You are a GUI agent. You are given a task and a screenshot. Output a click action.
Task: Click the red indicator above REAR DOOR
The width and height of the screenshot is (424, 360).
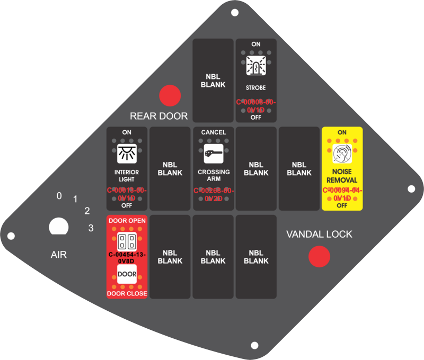point(170,96)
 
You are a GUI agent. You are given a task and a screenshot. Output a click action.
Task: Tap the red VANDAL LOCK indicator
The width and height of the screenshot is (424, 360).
point(320,257)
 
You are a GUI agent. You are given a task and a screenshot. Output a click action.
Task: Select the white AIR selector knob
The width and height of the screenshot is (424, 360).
point(59,227)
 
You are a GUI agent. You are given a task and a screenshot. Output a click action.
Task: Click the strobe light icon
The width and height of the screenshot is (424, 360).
point(256,67)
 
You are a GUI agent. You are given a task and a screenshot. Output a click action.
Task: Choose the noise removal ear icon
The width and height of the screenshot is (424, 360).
point(342,154)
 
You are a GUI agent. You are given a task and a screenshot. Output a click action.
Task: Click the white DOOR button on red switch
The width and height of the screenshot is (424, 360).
point(127,274)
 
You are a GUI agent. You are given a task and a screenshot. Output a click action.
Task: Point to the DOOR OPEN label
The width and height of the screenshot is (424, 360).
point(127,220)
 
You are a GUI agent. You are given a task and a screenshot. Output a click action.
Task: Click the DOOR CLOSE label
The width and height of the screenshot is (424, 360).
point(127,293)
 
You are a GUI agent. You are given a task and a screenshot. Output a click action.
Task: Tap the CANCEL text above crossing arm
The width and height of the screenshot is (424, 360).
point(214,132)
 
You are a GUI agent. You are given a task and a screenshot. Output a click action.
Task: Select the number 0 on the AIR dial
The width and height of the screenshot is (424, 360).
point(59,196)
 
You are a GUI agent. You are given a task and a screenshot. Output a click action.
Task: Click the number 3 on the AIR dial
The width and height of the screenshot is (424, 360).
point(91,229)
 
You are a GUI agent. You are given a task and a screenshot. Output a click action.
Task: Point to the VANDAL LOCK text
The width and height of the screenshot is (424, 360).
point(319,234)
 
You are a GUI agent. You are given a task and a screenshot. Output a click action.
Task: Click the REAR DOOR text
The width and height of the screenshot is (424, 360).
point(159,116)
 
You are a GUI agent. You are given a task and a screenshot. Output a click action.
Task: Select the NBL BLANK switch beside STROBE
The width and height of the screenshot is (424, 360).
point(213,80)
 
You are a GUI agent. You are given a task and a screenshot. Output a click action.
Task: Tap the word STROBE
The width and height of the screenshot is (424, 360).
point(256,87)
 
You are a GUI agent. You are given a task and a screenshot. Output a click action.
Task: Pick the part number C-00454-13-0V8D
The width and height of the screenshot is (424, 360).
point(127,257)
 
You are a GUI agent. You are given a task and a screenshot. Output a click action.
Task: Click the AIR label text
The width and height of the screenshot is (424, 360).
point(59,255)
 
